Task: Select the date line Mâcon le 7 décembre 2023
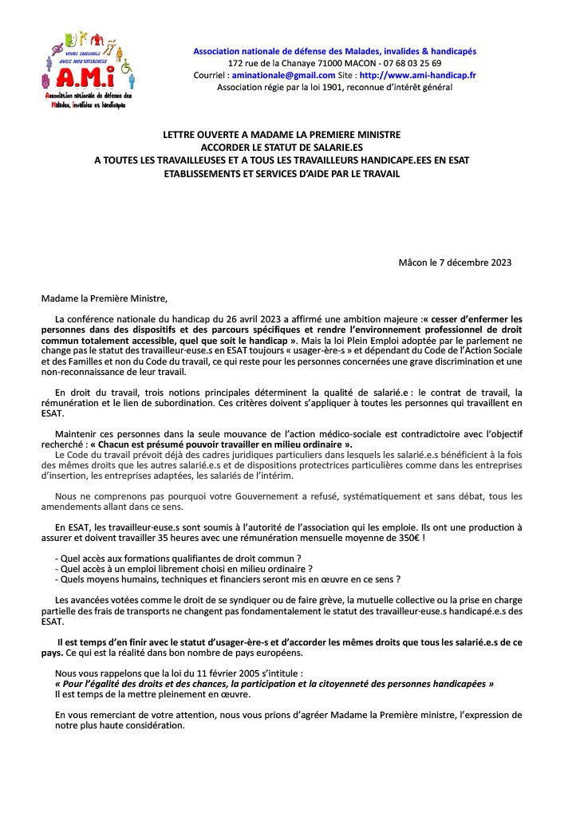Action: point(455,262)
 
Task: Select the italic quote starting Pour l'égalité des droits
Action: point(274,685)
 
